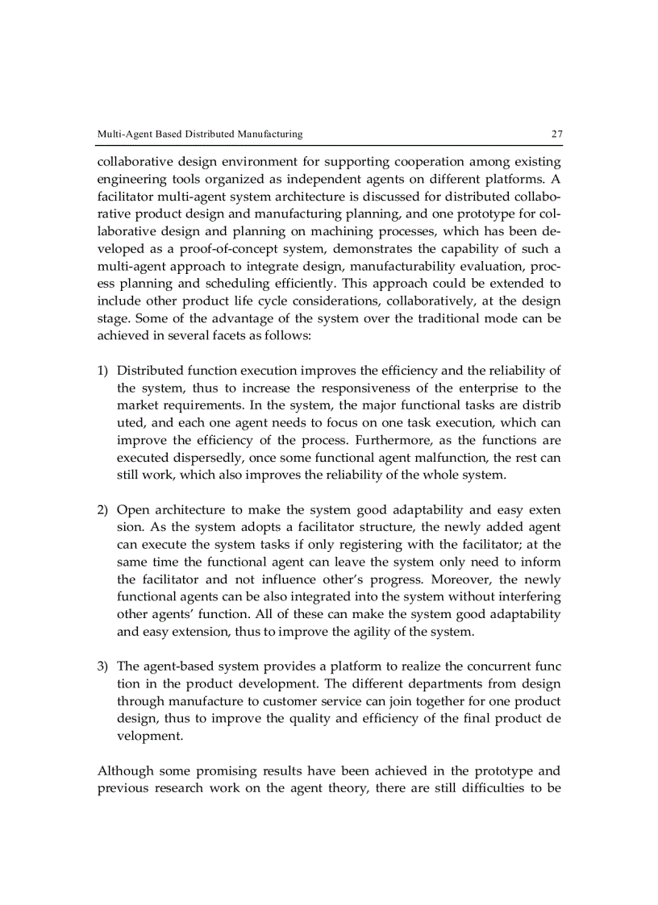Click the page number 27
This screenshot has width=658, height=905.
[x=556, y=134]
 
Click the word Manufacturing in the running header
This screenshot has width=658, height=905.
[x=263, y=134]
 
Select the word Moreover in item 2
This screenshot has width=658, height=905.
[x=465, y=580]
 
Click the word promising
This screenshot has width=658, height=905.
[x=216, y=770]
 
